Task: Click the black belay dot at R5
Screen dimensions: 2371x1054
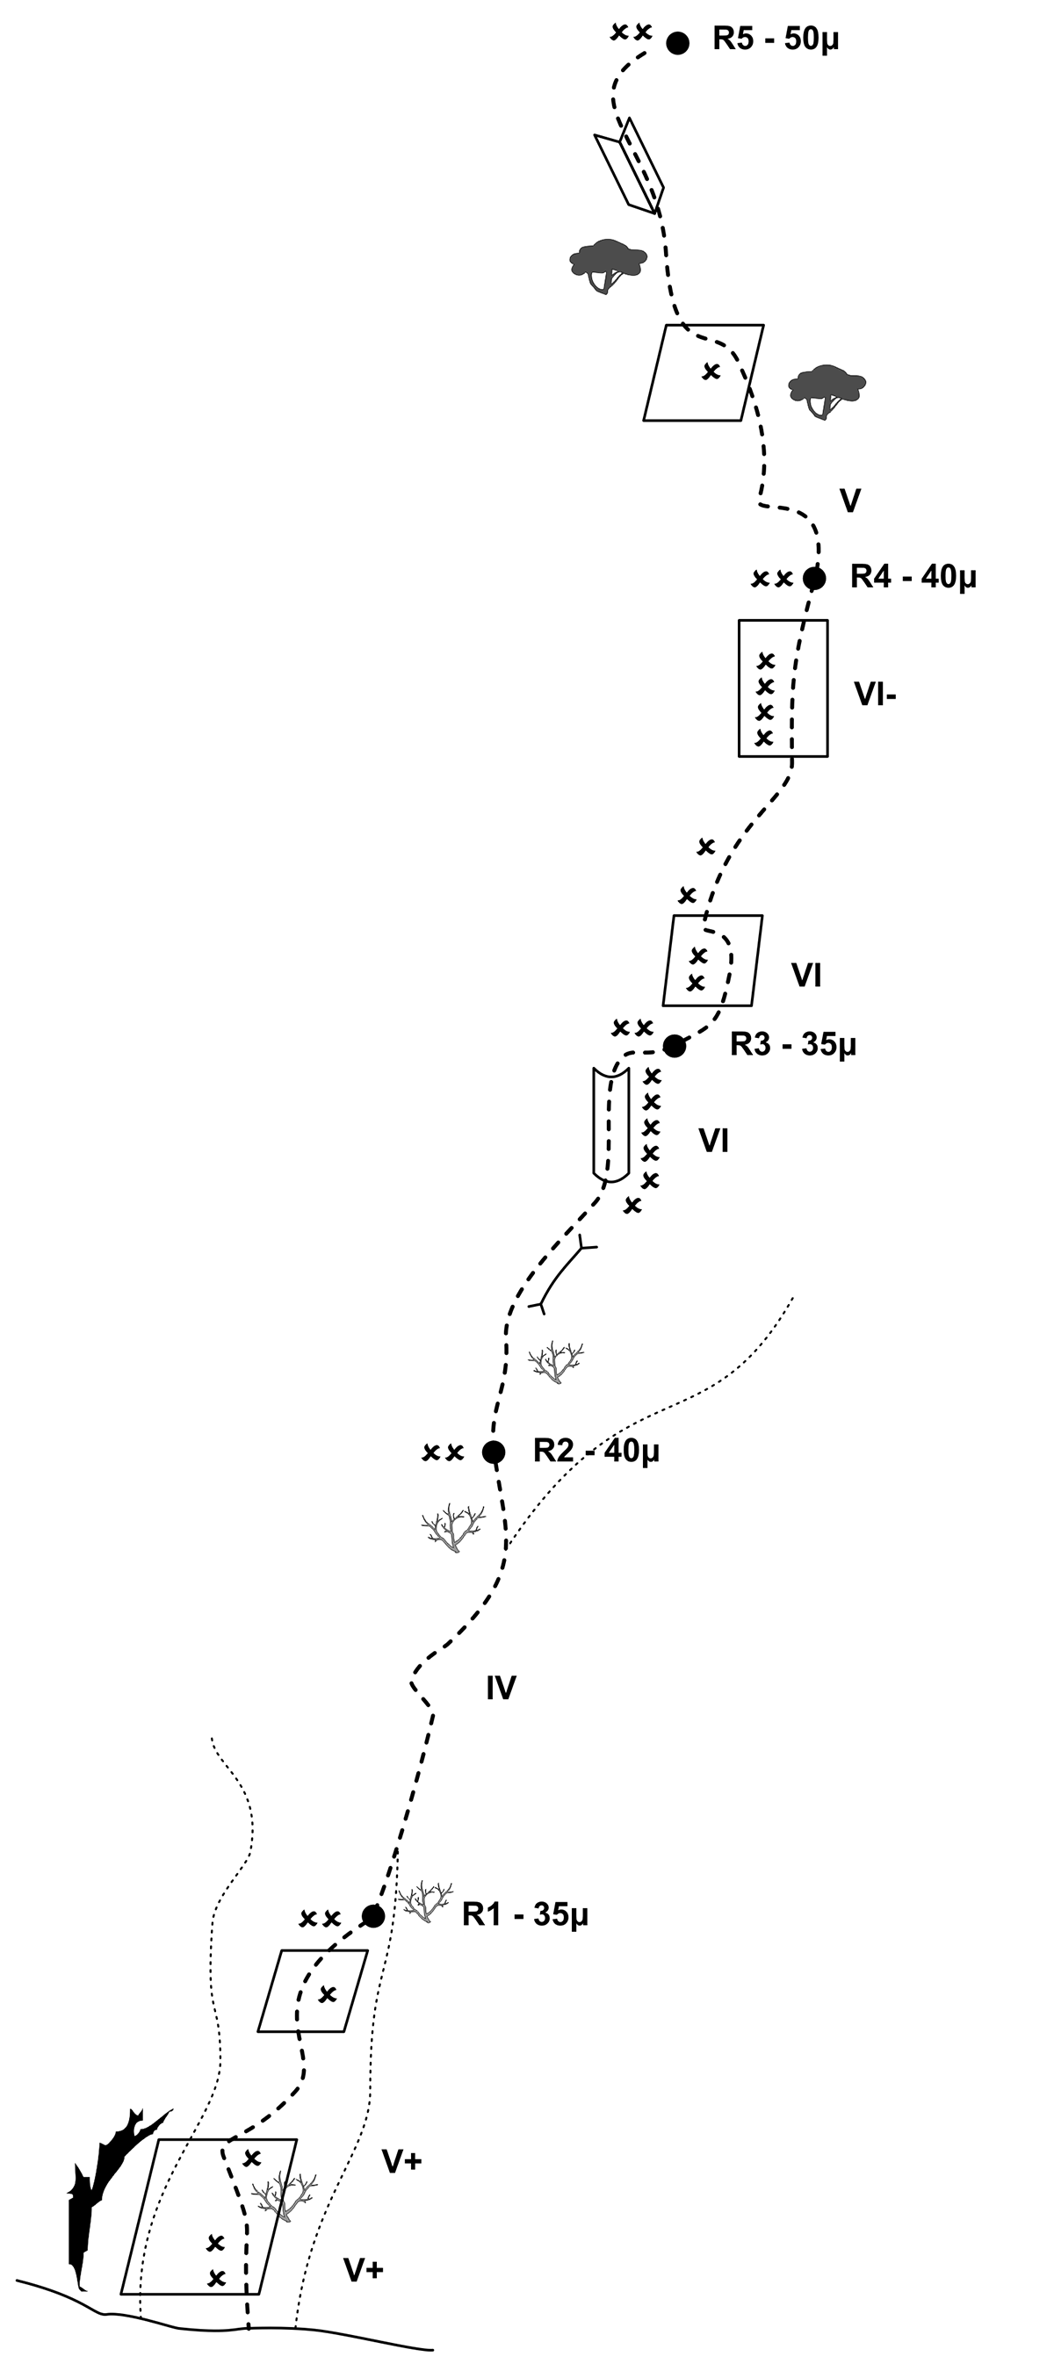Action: pos(677,42)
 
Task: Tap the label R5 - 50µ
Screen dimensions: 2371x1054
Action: pos(775,40)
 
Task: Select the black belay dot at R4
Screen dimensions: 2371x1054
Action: pos(813,578)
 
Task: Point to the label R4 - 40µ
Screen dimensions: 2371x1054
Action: pos(913,577)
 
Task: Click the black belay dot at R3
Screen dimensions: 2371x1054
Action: pos(674,1046)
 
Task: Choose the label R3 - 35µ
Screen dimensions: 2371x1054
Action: pos(792,1045)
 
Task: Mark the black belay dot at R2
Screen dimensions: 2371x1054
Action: pos(494,1452)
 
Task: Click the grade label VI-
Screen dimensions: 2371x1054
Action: pos(875,694)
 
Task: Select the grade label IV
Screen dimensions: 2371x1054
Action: pos(501,1688)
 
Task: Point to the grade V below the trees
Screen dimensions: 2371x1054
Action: pos(850,501)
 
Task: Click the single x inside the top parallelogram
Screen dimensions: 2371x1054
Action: pos(710,371)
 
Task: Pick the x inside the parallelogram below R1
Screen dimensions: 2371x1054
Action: pos(327,1993)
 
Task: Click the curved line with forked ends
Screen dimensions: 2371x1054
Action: pos(561,1277)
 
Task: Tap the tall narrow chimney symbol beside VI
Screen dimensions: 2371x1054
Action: pos(610,1124)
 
